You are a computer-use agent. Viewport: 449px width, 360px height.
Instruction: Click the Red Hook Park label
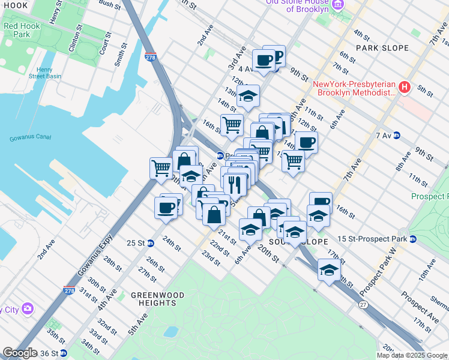16,31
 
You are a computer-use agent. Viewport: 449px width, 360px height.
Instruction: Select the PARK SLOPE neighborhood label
382,47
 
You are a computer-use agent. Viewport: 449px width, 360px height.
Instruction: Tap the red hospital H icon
404,88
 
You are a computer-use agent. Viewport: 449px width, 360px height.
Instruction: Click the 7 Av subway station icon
396,136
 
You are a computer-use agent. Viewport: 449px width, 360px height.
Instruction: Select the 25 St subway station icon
151,243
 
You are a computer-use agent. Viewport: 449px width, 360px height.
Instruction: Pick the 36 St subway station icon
63,352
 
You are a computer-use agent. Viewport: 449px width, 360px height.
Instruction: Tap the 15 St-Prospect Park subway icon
413,239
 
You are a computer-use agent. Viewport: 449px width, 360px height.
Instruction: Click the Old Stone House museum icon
337,5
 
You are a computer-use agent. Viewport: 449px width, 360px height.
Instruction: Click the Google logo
20,353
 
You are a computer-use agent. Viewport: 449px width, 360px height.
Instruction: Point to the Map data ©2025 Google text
412,355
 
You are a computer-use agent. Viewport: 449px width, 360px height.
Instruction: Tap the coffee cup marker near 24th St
165,208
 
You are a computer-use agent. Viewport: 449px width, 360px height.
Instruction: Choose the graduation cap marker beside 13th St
247,95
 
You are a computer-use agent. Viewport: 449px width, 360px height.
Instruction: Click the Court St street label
106,44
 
